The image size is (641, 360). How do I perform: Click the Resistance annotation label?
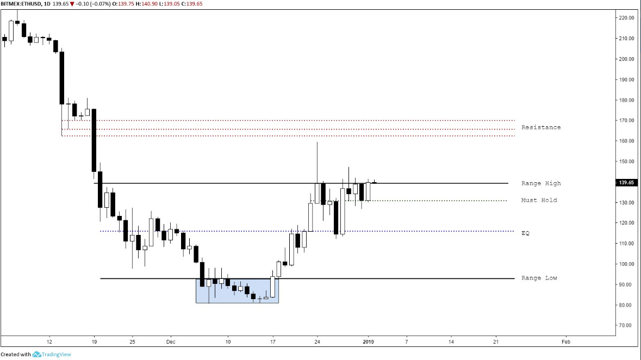(540, 127)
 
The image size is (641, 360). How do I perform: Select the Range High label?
(540, 183)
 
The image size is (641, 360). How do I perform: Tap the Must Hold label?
(539, 200)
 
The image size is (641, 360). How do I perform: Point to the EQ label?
(525, 233)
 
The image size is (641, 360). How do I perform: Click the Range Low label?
(539, 278)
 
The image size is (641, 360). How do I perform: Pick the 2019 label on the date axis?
(368, 342)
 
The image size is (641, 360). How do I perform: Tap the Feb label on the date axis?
(566, 342)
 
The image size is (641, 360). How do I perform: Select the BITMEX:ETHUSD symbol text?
(21, 4)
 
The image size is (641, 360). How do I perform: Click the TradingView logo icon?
(37, 355)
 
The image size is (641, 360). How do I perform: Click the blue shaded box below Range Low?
(237, 291)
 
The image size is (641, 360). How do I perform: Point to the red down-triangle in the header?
(72, 4)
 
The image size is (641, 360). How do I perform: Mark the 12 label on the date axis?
(49, 342)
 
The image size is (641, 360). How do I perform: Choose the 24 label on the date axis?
(317, 342)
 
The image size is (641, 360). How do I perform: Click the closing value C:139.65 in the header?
(195, 4)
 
